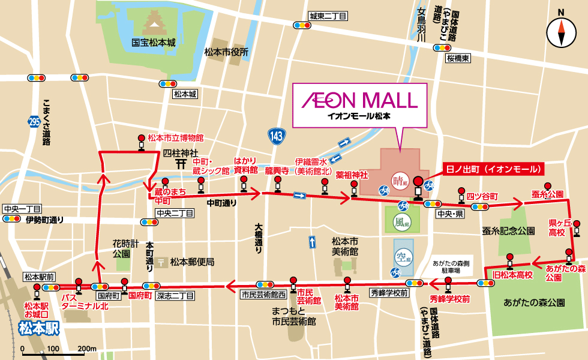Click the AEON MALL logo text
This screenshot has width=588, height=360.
click(x=359, y=99)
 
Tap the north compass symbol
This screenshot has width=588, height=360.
click(x=562, y=32)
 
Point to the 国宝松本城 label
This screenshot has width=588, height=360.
click(x=154, y=43)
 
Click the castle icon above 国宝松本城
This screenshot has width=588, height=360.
click(x=154, y=23)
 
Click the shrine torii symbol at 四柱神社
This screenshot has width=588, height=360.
click(x=180, y=162)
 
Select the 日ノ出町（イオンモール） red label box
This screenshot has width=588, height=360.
click(x=493, y=169)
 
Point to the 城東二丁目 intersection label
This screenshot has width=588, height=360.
click(x=328, y=16)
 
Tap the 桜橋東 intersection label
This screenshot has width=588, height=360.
click(x=458, y=58)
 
